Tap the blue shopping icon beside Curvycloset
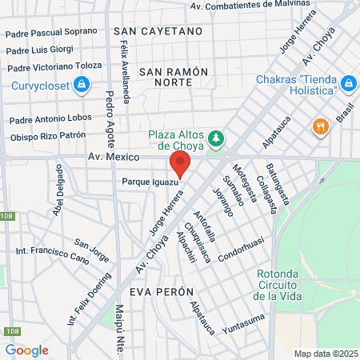[x=81, y=84]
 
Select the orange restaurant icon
[x=321, y=126]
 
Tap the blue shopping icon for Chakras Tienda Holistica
[x=348, y=83]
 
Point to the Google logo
[x=26, y=350]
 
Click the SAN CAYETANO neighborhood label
[x=158, y=31]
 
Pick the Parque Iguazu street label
[x=149, y=182]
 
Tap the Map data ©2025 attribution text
[x=324, y=354]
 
